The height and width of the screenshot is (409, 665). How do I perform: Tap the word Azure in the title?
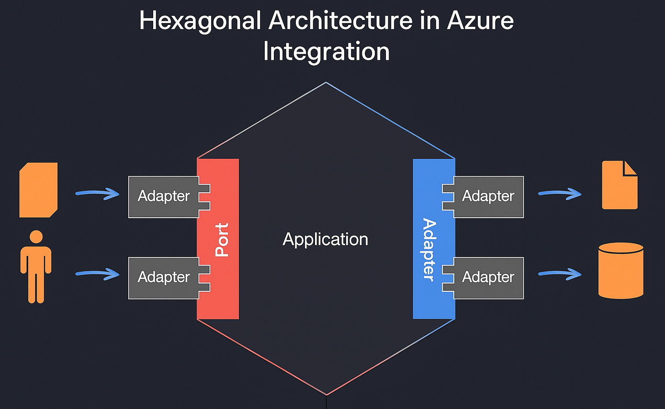480,21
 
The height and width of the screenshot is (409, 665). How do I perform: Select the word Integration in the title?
326,52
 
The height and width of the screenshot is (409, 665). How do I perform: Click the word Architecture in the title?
340,21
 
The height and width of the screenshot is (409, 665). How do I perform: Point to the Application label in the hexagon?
326,240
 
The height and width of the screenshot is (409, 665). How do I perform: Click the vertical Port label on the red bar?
222,240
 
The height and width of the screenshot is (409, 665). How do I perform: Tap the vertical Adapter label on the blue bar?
429,249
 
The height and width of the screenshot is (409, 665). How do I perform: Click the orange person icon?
36,267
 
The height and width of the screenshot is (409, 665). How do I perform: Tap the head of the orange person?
36,237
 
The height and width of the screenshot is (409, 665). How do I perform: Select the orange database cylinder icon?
621,270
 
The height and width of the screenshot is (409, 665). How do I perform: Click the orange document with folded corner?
620,185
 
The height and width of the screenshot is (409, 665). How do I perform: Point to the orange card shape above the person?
38,190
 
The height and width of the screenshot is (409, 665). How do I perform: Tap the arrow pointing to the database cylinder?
560,274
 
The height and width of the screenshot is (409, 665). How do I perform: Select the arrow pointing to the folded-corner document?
560,194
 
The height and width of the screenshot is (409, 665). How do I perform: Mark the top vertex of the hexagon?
326,82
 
